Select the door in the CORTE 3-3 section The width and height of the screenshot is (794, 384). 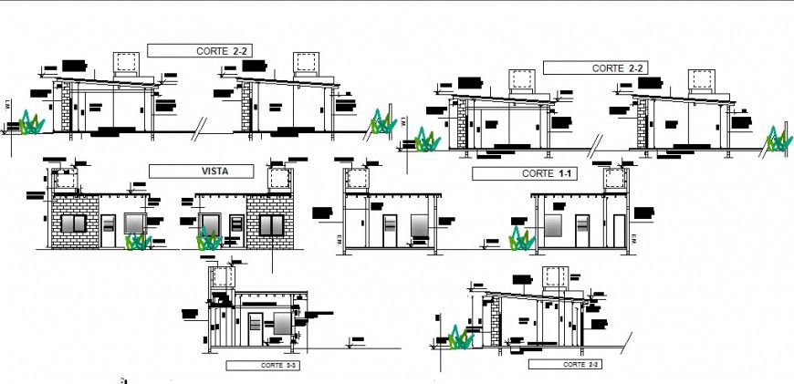[256, 327]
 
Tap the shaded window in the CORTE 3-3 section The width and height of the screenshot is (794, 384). [282, 324]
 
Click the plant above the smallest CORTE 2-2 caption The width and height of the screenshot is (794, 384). [461, 339]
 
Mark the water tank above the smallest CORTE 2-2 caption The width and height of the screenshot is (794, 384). [555, 277]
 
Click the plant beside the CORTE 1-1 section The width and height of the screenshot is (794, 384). [521, 240]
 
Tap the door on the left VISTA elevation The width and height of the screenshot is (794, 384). [109, 231]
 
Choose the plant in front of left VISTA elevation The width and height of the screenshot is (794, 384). [138, 242]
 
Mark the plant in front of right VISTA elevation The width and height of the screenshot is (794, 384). [209, 241]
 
